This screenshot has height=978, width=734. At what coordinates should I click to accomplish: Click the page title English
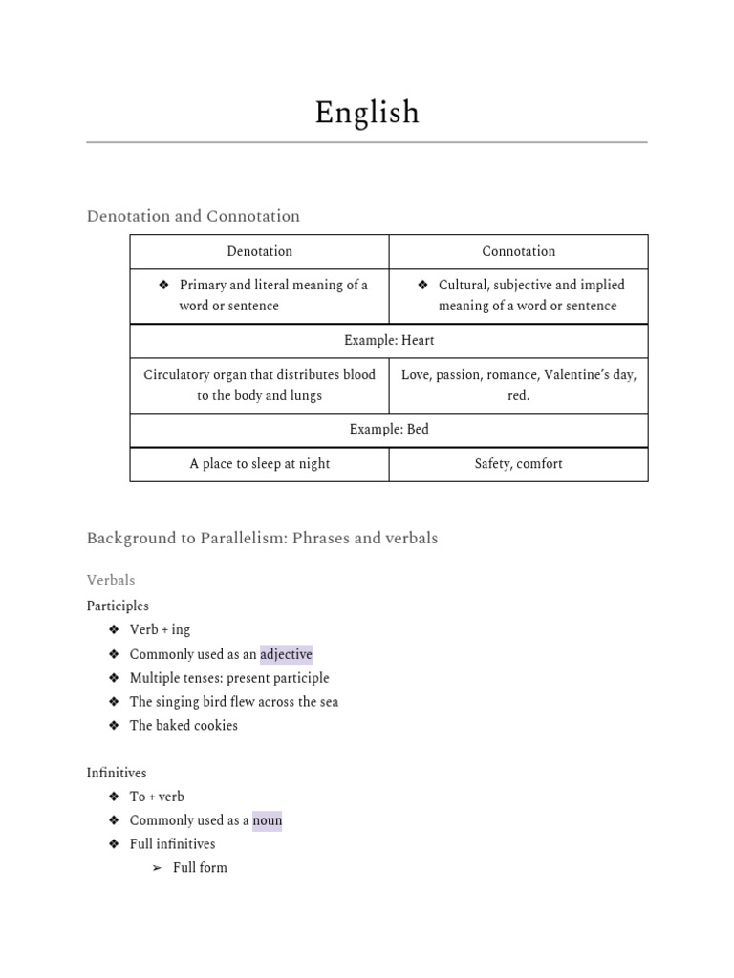[367, 113]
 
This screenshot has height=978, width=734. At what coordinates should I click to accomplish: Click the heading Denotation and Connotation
[193, 216]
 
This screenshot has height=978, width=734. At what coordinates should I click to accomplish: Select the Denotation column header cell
[259, 251]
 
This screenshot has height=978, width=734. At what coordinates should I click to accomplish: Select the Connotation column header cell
[518, 251]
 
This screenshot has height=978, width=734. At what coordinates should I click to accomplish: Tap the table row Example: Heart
[388, 340]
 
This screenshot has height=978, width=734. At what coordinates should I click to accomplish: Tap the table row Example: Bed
[388, 429]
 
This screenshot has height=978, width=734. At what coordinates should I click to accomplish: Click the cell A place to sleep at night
[259, 463]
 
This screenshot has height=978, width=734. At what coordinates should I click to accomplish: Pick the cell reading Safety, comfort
[518, 463]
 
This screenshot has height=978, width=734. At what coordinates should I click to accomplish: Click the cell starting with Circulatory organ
[259, 385]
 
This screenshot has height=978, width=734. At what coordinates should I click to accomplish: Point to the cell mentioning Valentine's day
[518, 385]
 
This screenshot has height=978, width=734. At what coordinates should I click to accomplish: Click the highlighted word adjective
[286, 654]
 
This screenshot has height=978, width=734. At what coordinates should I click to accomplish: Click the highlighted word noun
[267, 820]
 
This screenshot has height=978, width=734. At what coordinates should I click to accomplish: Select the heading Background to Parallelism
[262, 538]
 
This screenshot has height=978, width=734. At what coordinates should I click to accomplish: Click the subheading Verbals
[111, 580]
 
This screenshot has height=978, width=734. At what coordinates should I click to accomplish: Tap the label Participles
[118, 606]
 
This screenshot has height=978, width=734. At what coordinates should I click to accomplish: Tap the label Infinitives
[117, 773]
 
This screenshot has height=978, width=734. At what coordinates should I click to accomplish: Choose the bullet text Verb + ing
[160, 629]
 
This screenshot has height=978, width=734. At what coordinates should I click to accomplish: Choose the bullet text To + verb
[157, 797]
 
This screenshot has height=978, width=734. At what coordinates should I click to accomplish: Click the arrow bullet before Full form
[158, 868]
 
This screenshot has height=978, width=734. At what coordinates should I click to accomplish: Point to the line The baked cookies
[183, 725]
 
